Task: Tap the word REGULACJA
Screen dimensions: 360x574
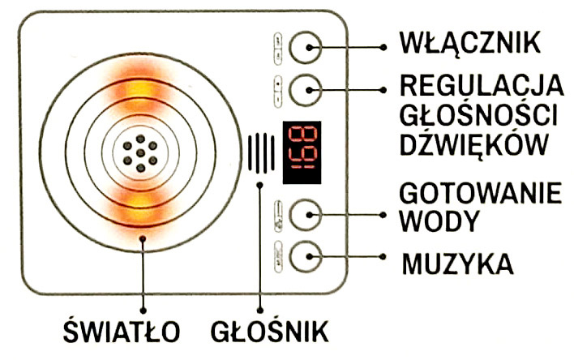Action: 481,84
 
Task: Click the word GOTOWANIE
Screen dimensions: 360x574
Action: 480,195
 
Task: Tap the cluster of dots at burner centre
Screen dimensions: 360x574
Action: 140,152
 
